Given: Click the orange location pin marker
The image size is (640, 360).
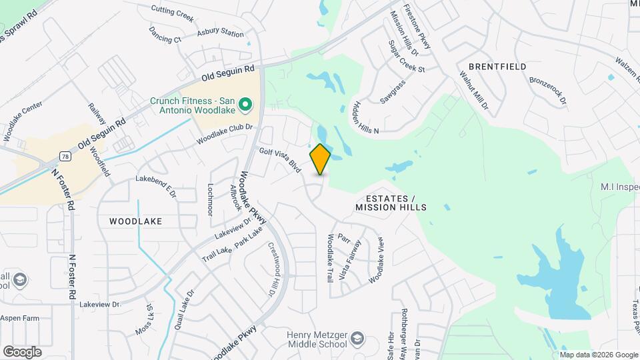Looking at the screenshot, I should [x=321, y=159].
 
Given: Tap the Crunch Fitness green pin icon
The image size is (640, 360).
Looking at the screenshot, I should [x=245, y=105].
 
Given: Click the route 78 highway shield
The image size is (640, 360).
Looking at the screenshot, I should [x=65, y=156].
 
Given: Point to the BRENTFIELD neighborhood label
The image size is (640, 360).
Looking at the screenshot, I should [x=497, y=67].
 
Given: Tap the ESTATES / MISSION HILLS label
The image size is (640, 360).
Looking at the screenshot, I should [x=391, y=203].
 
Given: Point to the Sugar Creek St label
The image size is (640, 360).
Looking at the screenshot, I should [x=406, y=57].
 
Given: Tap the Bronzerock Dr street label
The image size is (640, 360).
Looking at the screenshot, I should [x=547, y=91].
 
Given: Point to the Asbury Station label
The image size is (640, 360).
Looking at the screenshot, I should [x=220, y=33].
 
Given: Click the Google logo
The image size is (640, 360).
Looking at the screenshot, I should [x=22, y=351].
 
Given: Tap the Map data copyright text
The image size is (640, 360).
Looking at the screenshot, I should [x=598, y=354].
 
